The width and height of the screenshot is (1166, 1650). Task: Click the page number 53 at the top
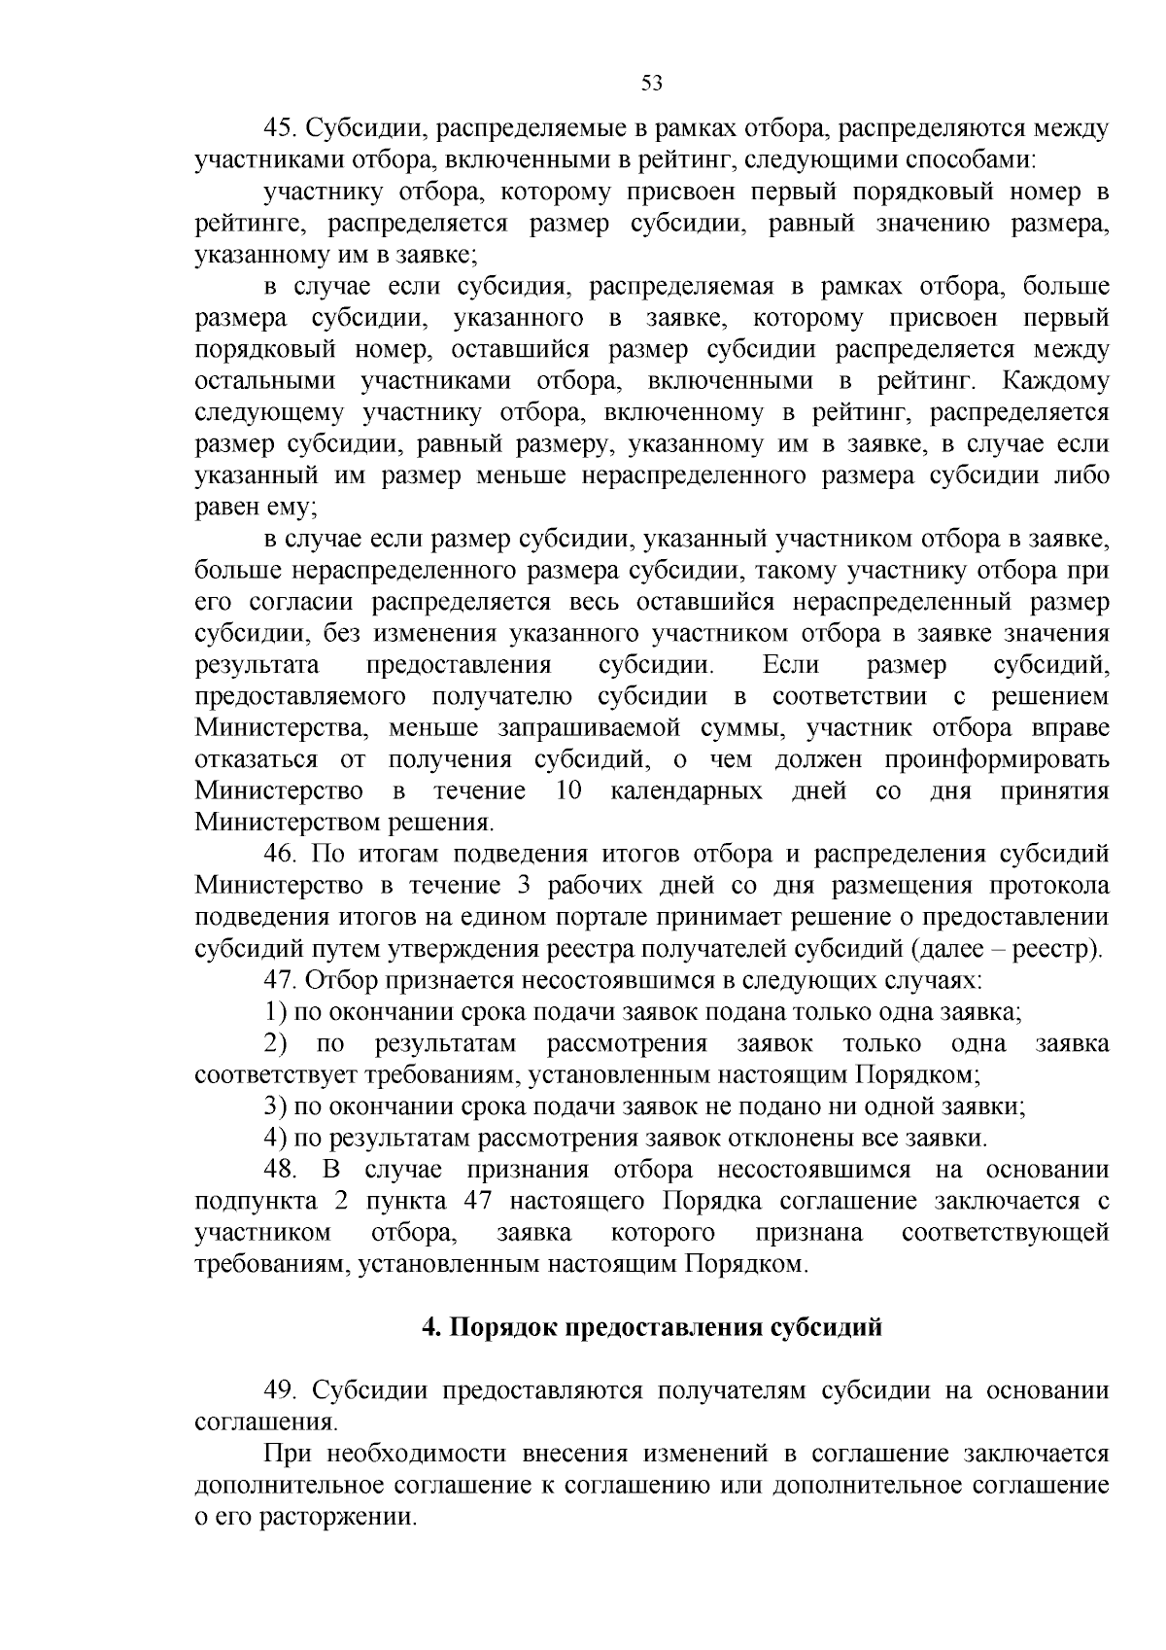(x=652, y=84)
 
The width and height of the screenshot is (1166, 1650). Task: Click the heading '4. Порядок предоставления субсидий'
(x=651, y=1328)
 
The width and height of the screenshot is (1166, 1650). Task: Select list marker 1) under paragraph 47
(x=275, y=1012)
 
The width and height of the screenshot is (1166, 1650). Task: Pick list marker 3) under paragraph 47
(x=275, y=1106)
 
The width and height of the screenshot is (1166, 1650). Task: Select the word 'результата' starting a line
(x=257, y=666)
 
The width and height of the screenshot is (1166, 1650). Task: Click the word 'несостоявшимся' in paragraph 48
(x=814, y=1170)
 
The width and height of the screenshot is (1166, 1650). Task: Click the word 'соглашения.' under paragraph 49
(x=265, y=1422)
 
